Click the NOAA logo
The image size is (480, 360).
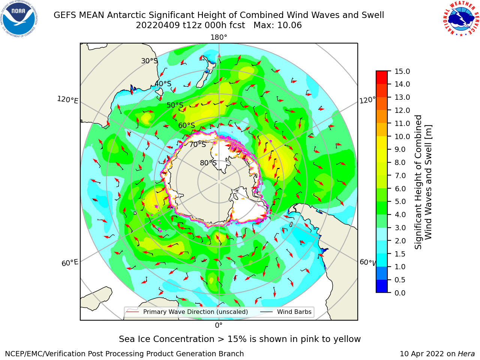point(19,19)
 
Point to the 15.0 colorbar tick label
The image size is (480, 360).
point(402,71)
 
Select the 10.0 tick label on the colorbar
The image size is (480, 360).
point(402,136)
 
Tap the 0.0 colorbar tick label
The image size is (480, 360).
point(400,293)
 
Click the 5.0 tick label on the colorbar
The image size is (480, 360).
point(400,201)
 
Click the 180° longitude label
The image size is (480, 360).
point(219,37)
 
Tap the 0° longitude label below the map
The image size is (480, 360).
point(219,325)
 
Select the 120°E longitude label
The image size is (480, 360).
point(67,100)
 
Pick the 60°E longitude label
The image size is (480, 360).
point(70,262)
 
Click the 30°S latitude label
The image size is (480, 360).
point(149,61)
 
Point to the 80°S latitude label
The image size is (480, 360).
point(208,163)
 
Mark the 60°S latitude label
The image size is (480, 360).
point(186,125)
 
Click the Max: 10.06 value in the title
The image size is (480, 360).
point(277,25)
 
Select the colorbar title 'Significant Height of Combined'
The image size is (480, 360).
point(418,182)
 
